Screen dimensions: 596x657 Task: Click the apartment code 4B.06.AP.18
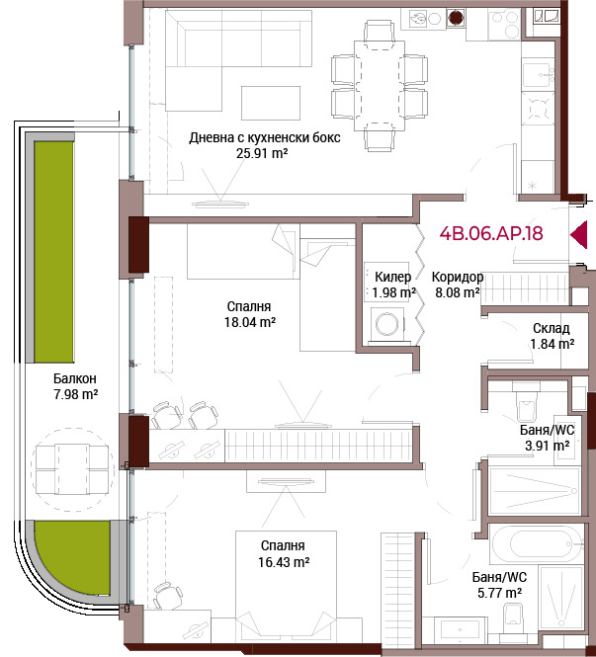pyautogui.click(x=491, y=233)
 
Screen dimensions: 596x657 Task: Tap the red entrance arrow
pyautogui.click(x=579, y=235)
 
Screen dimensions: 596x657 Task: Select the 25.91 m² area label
pyautogui.click(x=262, y=153)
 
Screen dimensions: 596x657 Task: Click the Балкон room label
pyautogui.click(x=74, y=378)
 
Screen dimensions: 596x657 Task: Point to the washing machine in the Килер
pyautogui.click(x=388, y=323)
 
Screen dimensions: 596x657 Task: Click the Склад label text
pyautogui.click(x=552, y=328)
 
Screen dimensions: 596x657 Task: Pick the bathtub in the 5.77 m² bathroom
pyautogui.click(x=538, y=543)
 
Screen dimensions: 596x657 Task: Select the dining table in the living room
pyautogui.click(x=380, y=86)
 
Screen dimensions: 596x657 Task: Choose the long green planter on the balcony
pyautogui.click(x=53, y=252)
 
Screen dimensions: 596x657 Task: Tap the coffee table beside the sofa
pyautogui.click(x=271, y=103)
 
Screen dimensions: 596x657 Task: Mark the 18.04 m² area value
pyautogui.click(x=250, y=322)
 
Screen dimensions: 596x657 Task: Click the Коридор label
pyautogui.click(x=458, y=277)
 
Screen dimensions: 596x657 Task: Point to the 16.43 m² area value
pyautogui.click(x=284, y=562)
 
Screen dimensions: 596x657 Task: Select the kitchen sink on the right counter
pyautogui.click(x=538, y=74)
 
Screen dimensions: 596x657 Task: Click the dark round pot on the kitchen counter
pyautogui.click(x=456, y=18)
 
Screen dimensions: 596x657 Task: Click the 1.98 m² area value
pyautogui.click(x=393, y=292)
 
